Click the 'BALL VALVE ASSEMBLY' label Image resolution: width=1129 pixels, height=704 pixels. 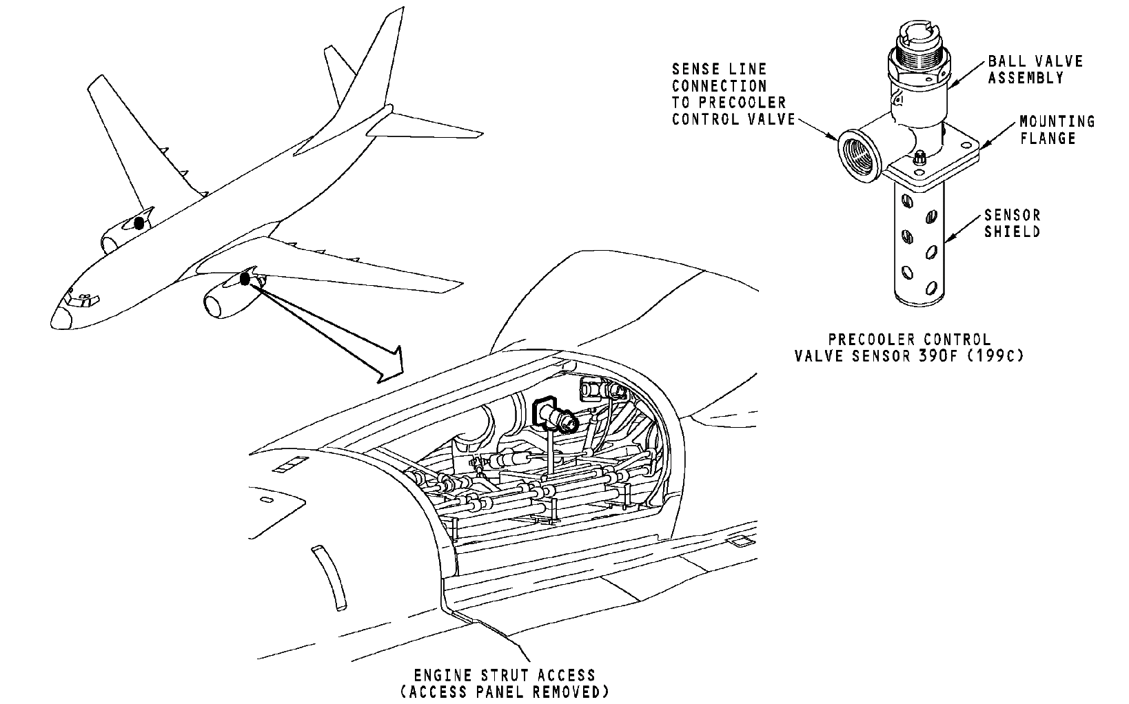tap(1035, 69)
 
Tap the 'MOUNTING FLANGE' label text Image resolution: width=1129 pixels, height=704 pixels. tap(1057, 130)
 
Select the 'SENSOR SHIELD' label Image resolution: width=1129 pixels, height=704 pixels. tap(1011, 223)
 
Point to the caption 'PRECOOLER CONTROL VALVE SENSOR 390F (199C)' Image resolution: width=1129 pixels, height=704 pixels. tap(908, 348)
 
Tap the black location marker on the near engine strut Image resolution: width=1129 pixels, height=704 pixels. tap(244, 278)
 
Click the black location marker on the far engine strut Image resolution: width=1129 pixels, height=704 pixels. tap(139, 222)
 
